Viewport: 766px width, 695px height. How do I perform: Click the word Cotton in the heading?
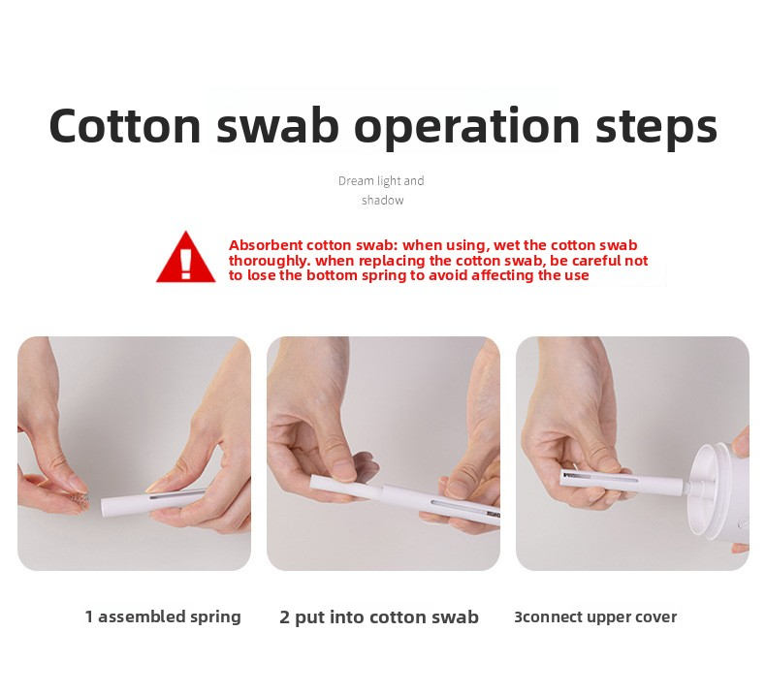125,125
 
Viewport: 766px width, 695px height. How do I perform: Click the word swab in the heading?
277,125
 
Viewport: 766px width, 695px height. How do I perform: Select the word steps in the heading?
656,128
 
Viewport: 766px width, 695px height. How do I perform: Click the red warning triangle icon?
185,258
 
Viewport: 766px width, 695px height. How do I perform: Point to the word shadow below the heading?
382,201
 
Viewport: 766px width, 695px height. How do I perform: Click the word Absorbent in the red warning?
266,245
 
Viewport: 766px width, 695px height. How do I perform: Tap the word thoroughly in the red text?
270,262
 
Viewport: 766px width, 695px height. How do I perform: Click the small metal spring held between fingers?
80,498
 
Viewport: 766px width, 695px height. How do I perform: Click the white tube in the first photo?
152,501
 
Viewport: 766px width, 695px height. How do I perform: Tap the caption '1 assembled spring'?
163,617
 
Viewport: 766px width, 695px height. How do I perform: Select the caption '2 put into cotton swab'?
379,617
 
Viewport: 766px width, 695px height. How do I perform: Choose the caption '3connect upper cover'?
595,617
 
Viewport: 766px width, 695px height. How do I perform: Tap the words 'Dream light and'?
381,181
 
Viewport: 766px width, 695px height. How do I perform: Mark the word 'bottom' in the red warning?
332,276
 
